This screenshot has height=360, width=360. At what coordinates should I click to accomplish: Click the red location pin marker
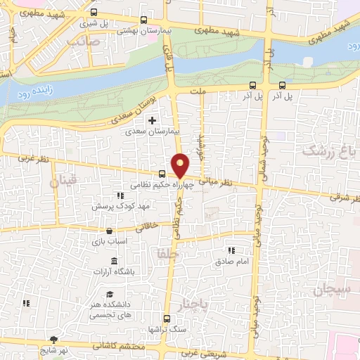pyautogui.click(x=181, y=165)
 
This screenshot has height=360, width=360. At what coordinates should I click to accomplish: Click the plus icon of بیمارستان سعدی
pyautogui.click(x=152, y=121)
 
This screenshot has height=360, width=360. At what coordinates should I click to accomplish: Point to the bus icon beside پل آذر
pyautogui.click(x=251, y=85)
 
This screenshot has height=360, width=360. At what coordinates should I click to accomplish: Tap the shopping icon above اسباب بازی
pyautogui.click(x=109, y=231)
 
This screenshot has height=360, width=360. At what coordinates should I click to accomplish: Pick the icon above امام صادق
pyautogui.click(x=230, y=250)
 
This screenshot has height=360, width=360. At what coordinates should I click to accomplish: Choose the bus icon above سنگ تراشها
pyautogui.click(x=166, y=319)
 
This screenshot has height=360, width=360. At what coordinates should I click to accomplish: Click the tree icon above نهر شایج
pyautogui.click(x=54, y=340)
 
